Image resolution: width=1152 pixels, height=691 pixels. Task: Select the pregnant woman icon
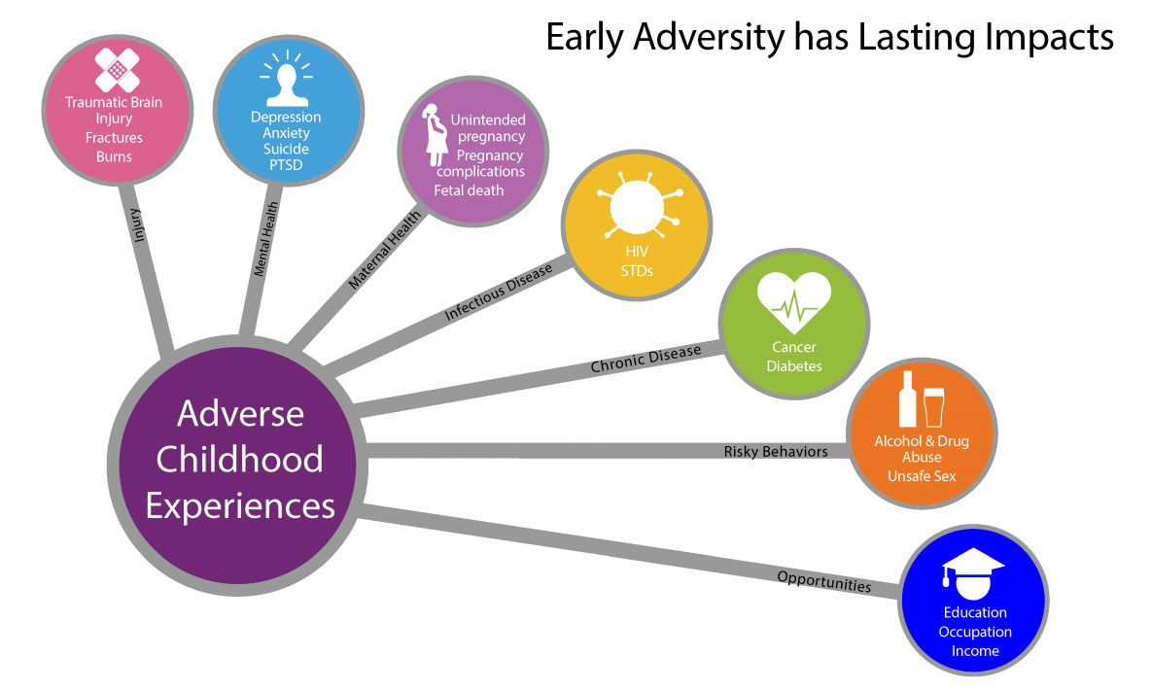point(434,135)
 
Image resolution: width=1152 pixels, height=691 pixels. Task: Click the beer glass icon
point(934,405)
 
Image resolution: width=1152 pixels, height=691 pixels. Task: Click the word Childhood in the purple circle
point(239,459)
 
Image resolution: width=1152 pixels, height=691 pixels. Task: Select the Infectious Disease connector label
point(498,293)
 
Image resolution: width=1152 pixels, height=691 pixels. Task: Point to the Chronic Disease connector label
point(646,360)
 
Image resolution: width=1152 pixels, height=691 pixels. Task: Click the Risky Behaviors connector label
point(776,451)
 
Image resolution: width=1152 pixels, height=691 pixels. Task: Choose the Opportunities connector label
point(823,581)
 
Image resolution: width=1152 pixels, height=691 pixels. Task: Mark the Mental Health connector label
point(266,239)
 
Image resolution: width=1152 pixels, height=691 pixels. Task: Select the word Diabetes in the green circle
point(793,366)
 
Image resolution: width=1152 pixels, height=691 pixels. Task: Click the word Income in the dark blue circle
point(974,650)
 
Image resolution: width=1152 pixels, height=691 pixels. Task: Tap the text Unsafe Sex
point(921,476)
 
